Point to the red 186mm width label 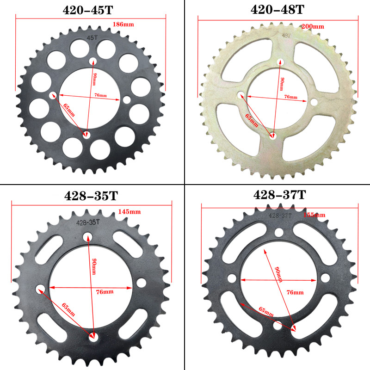pyautogui.click(x=121, y=24)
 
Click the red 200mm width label pyautogui.click(x=313, y=26)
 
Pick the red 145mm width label pyautogui.click(x=129, y=211)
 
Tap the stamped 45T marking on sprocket pyautogui.click(x=93, y=39)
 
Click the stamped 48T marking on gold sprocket pyautogui.click(x=286, y=36)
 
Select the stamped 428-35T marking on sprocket pyautogui.click(x=88, y=222)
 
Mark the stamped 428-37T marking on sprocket pyautogui.click(x=280, y=216)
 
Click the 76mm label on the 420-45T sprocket pyautogui.click(x=100, y=95)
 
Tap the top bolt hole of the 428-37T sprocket pyautogui.click(x=280, y=233)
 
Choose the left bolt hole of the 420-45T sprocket pyautogui.click(x=51, y=95)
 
